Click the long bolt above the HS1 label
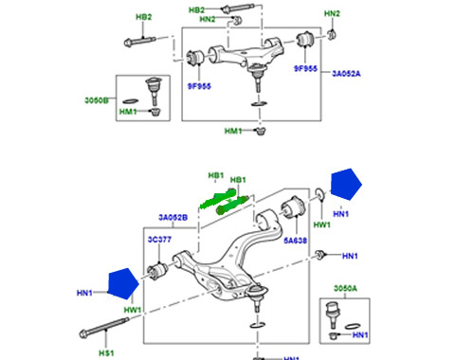tap(100, 333)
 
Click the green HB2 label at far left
tap(143, 18)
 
